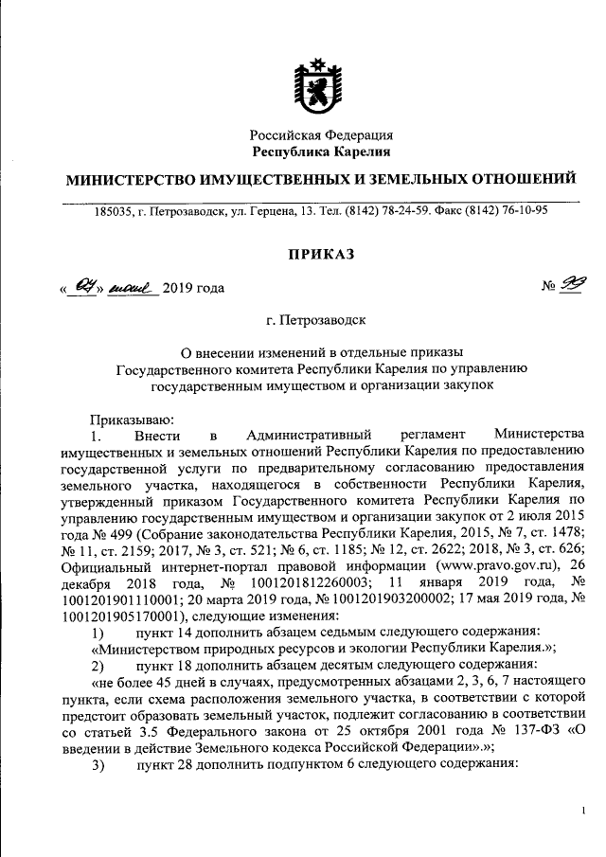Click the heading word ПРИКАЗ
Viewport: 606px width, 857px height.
coord(321,255)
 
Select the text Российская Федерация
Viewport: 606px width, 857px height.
coord(321,135)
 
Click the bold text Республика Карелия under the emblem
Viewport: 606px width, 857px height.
coord(321,152)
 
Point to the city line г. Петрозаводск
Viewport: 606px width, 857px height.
coord(321,322)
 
